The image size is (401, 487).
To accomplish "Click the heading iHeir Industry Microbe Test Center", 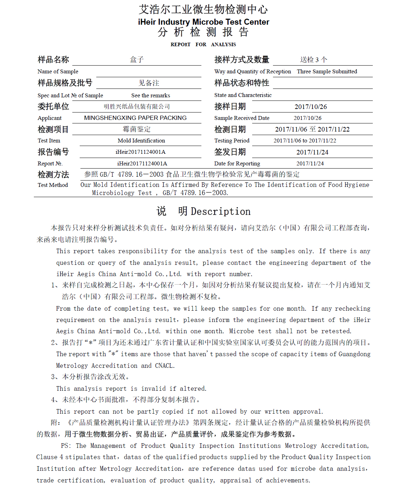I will (x=203, y=22).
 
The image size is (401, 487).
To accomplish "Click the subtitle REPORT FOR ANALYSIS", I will (x=203, y=44).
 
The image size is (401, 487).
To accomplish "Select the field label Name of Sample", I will (x=58, y=72).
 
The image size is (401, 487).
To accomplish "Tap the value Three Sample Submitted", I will (x=327, y=72).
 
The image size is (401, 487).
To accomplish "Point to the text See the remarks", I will (x=151, y=96).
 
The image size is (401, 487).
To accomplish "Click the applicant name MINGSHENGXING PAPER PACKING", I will (x=135, y=118).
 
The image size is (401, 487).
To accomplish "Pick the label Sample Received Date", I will (x=242, y=118).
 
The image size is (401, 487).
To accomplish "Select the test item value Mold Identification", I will (x=141, y=141).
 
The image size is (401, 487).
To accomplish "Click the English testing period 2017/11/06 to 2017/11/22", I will (x=305, y=141).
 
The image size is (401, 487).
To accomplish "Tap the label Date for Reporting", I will (x=237, y=164).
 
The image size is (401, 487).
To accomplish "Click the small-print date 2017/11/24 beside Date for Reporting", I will (x=310, y=164).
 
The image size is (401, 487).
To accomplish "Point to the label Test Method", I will (x=53, y=185).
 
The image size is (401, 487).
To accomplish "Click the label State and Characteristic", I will (x=243, y=95).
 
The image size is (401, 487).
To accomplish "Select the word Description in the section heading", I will (x=220, y=212).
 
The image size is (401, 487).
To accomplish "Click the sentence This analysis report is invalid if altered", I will (x=131, y=389).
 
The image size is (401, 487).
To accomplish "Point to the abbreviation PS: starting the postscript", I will (x=66, y=446).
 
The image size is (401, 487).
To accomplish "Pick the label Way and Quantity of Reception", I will (x=253, y=72).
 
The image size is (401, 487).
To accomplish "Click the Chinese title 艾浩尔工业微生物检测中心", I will (x=203, y=9).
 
